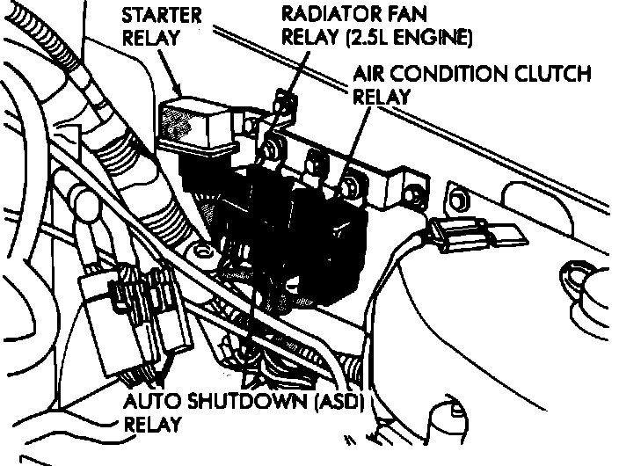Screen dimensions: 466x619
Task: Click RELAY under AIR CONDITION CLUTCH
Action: click(x=381, y=96)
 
